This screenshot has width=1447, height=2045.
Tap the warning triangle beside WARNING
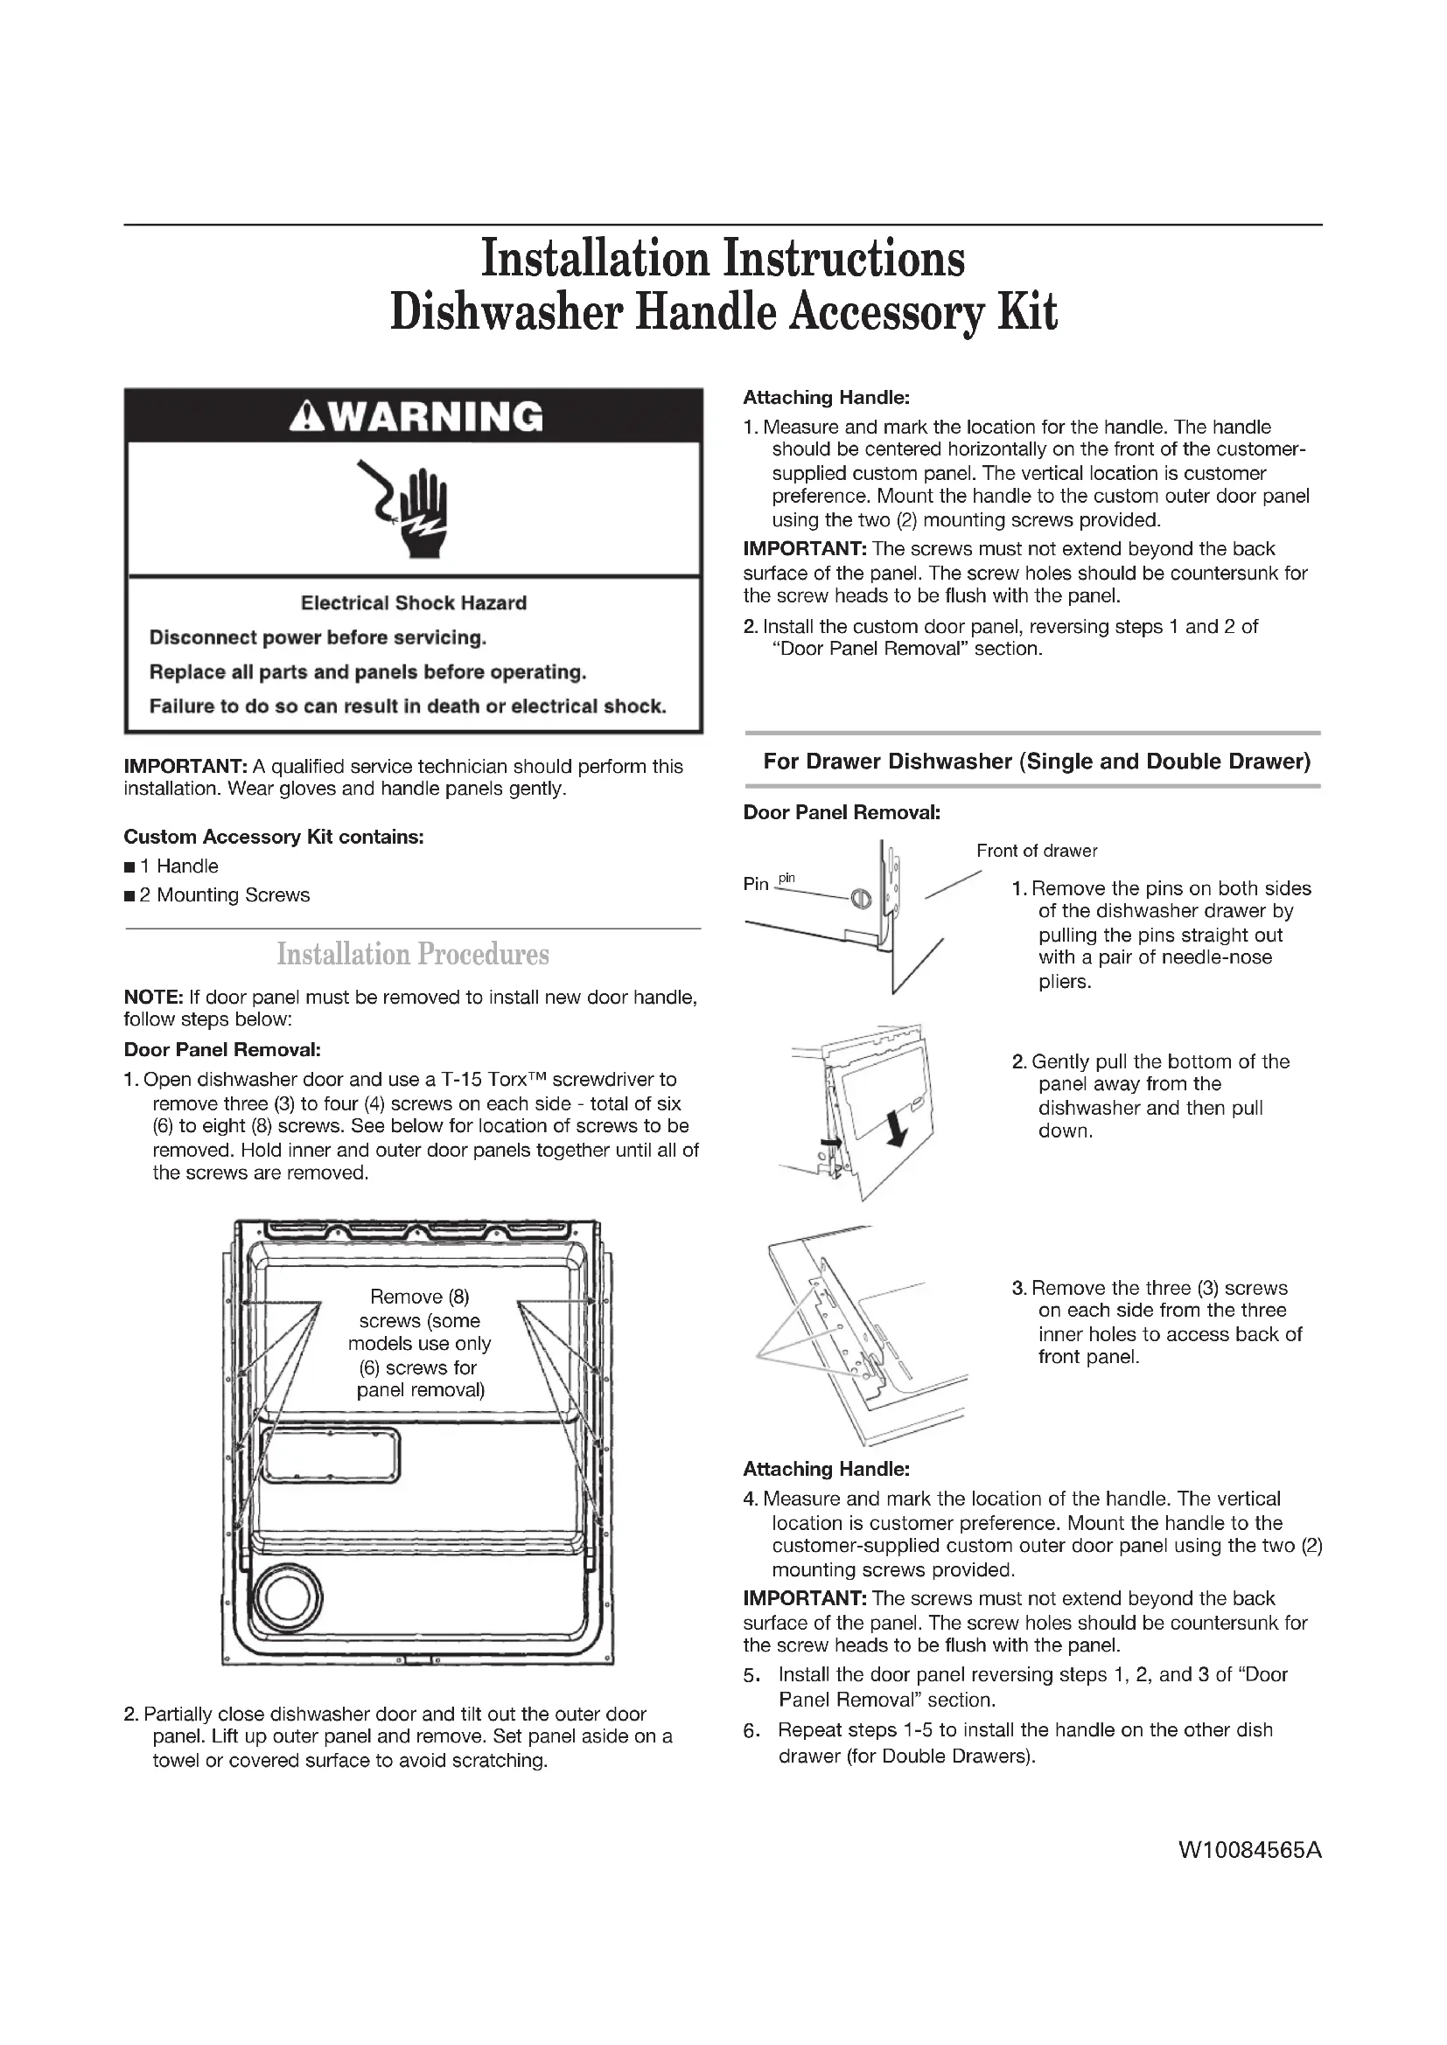(x=304, y=417)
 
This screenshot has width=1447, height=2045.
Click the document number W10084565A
(x=1250, y=1850)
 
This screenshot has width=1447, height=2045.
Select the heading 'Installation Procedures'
(x=413, y=954)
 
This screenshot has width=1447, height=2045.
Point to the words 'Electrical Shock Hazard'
(x=414, y=603)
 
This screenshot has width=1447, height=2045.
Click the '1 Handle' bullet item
(x=178, y=866)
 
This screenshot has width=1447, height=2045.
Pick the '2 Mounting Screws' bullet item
(x=224, y=895)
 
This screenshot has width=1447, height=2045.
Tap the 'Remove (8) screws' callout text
(x=420, y=1343)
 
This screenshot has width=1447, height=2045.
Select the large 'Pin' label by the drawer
(x=756, y=885)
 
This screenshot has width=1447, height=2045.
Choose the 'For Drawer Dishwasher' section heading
(x=1036, y=762)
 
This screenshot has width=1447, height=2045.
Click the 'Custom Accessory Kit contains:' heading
(x=274, y=838)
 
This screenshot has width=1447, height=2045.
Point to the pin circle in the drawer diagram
(x=859, y=900)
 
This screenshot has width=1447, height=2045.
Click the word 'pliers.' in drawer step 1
(x=1065, y=982)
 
